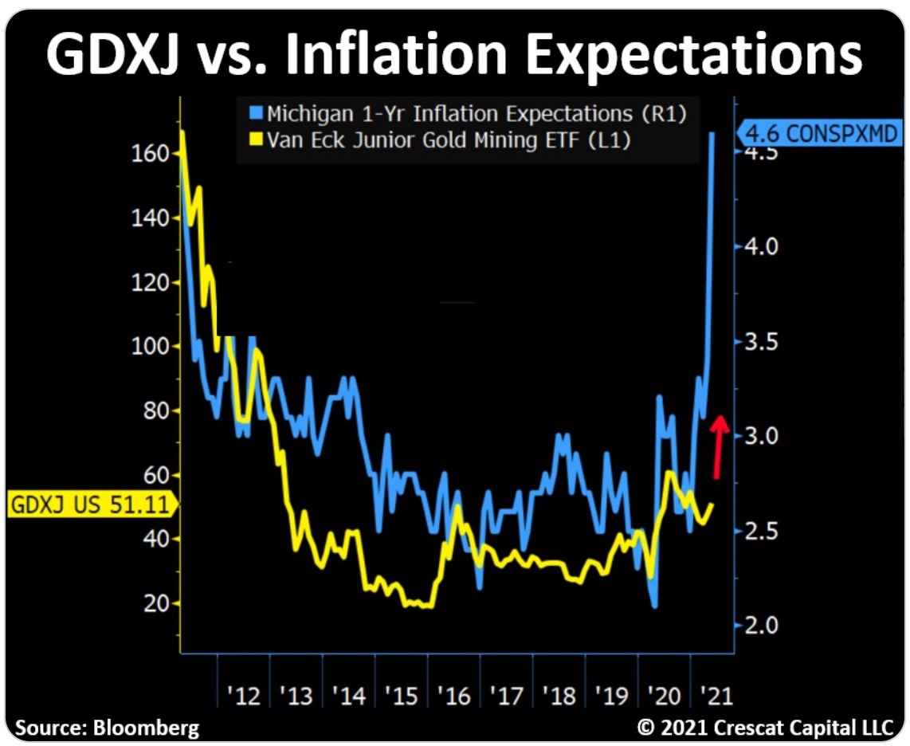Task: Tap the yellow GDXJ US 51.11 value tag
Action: (x=89, y=505)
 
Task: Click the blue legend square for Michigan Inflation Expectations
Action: (x=256, y=113)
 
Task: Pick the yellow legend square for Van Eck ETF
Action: (x=256, y=140)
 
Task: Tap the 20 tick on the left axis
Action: (x=158, y=603)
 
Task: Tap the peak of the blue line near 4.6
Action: (x=712, y=133)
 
